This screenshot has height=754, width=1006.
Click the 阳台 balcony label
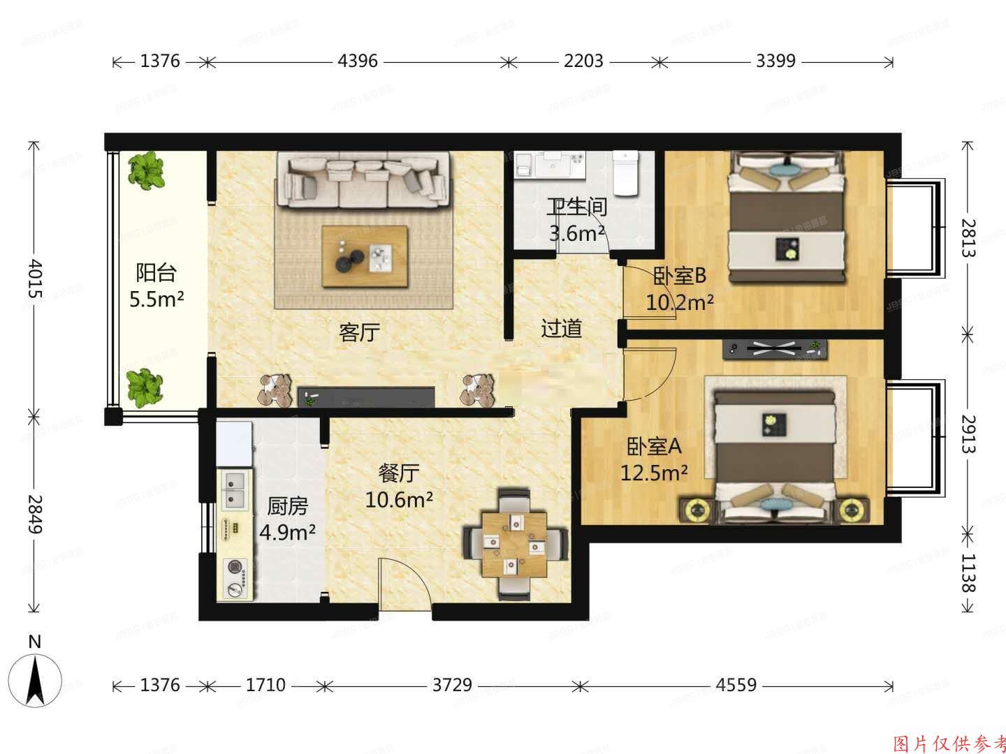click(x=156, y=272)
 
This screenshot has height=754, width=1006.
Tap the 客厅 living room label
click(x=359, y=332)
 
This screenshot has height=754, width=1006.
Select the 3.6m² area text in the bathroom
click(x=576, y=233)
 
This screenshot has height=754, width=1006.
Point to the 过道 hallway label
click(x=562, y=328)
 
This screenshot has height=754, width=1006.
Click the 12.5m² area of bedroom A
click(x=655, y=473)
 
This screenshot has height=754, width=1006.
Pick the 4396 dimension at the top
click(x=358, y=61)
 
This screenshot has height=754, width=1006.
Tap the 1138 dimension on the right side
click(x=967, y=573)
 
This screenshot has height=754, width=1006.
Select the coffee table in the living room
click(x=364, y=256)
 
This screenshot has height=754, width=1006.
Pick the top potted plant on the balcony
click(x=147, y=170)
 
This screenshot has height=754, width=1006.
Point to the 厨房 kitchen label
click(x=287, y=505)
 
